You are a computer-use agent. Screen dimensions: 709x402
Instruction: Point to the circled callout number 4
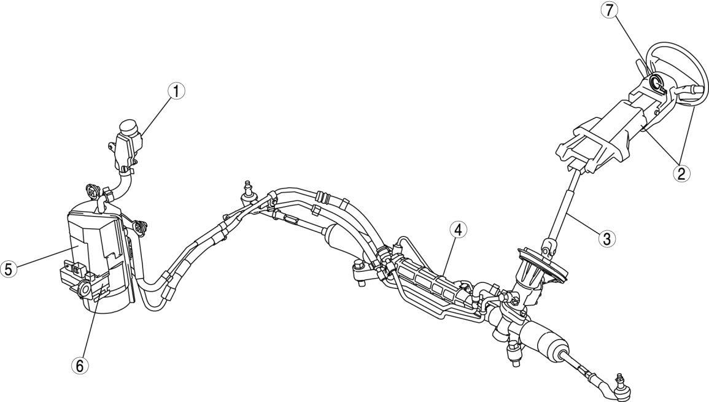click(x=457, y=230)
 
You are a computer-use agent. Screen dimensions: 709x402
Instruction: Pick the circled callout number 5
click(x=9, y=269)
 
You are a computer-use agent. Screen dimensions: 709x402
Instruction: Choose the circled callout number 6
click(x=79, y=365)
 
